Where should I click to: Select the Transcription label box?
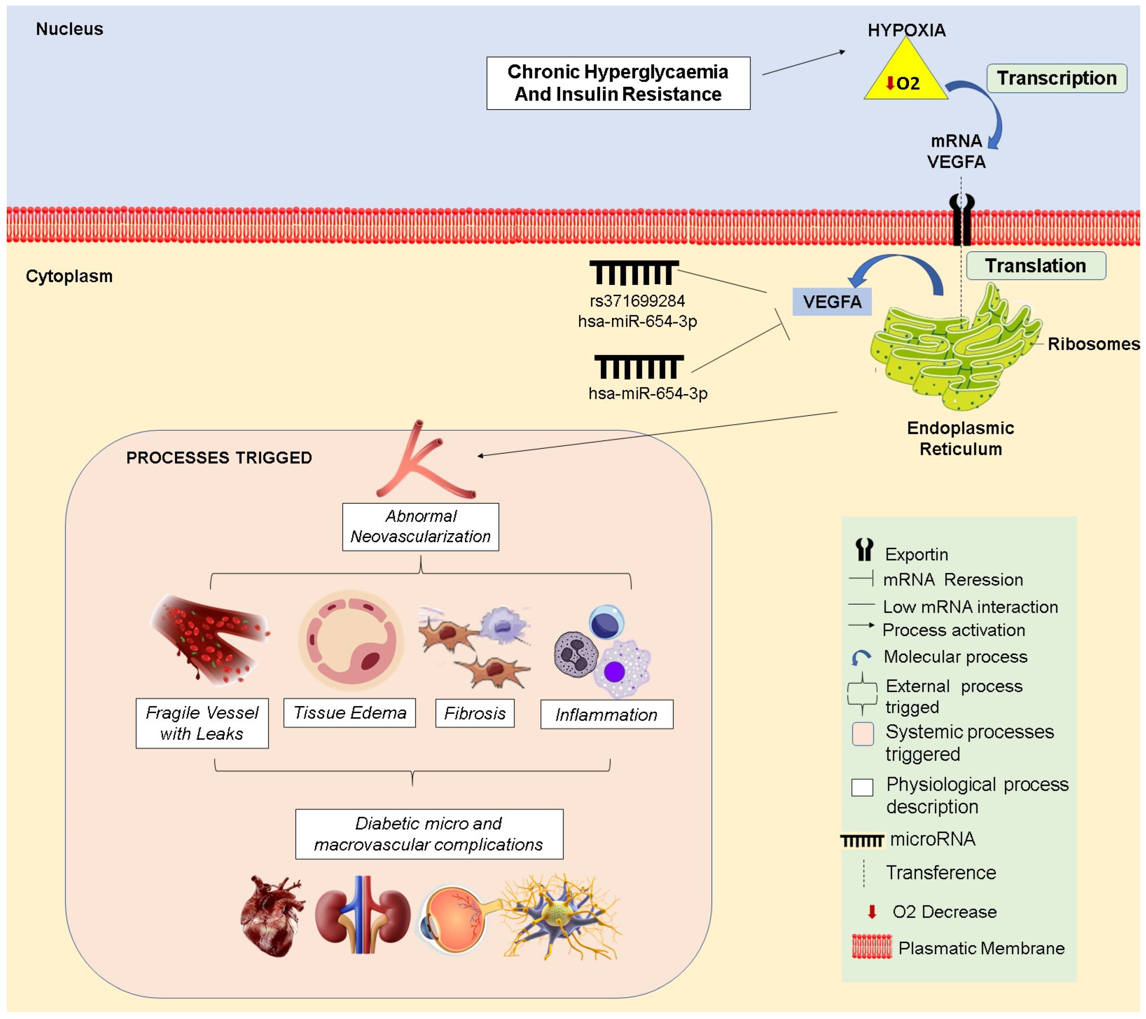(x=1056, y=78)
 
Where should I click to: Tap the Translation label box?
(x=1035, y=266)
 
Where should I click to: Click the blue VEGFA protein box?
(x=831, y=302)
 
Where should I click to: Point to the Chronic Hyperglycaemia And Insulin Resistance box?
(x=618, y=83)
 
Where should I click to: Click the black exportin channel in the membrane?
(x=962, y=222)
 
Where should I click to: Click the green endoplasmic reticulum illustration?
(x=953, y=353)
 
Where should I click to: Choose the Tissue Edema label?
(x=349, y=713)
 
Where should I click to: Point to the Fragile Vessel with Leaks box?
(x=202, y=723)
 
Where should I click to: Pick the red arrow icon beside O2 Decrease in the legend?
(x=872, y=912)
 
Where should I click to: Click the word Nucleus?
(x=69, y=29)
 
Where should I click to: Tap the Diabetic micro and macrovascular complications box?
(x=429, y=834)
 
